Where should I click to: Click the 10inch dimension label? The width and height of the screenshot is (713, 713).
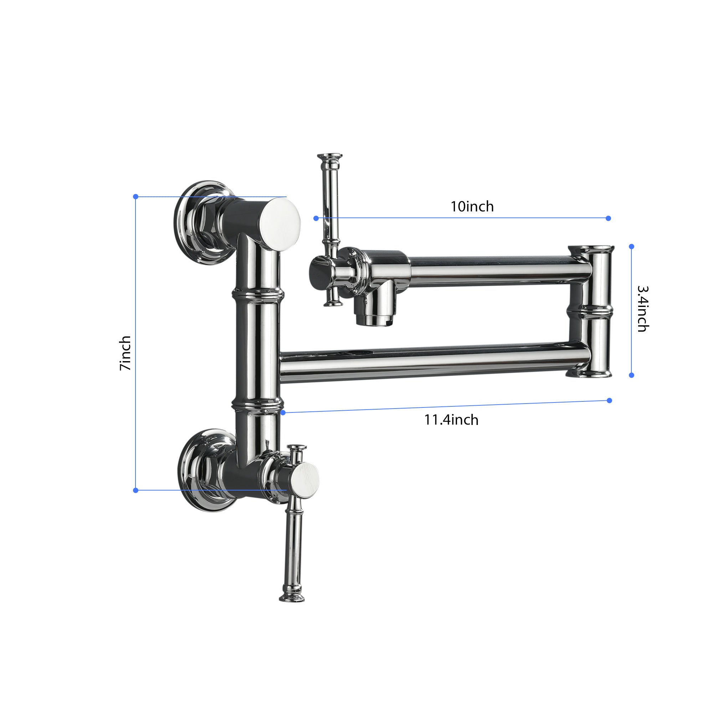472,207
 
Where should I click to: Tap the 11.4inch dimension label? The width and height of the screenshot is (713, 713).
451,420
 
